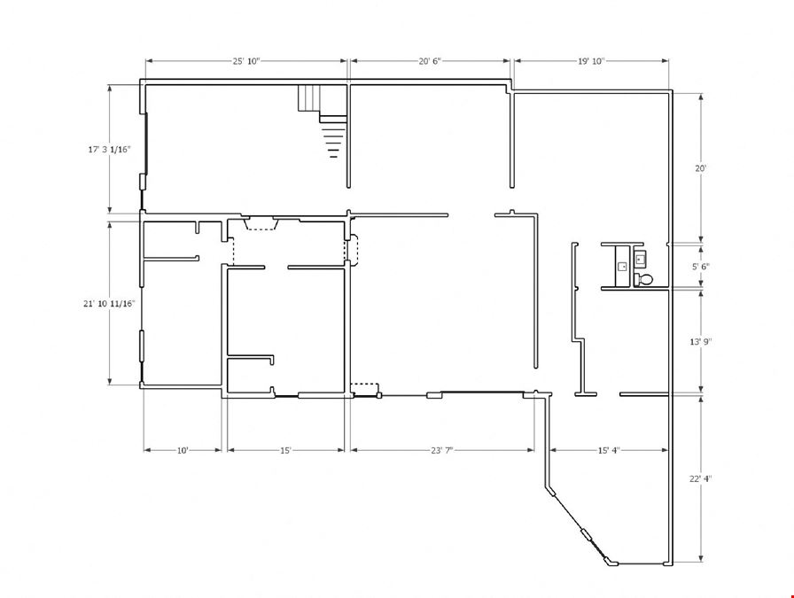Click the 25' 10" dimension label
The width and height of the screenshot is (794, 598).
pyautogui.click(x=246, y=61)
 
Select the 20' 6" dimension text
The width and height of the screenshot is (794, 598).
pyautogui.click(x=430, y=61)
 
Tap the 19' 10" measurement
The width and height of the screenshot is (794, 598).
pyautogui.click(x=591, y=61)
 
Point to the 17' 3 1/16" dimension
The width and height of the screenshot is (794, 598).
pyautogui.click(x=109, y=150)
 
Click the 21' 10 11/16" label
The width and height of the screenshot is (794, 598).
pyautogui.click(x=109, y=304)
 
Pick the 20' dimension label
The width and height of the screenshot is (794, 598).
pyautogui.click(x=700, y=168)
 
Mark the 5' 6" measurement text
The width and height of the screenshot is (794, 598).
pyautogui.click(x=701, y=267)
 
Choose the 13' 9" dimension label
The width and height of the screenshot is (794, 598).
pyautogui.click(x=701, y=342)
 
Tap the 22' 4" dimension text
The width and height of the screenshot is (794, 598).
pyautogui.click(x=701, y=478)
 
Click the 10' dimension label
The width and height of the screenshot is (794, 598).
pyautogui.click(x=183, y=450)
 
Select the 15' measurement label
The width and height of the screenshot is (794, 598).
pyautogui.click(x=285, y=450)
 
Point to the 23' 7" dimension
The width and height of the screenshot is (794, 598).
pyautogui.click(x=442, y=450)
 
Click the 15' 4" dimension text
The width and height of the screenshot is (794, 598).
pyautogui.click(x=609, y=450)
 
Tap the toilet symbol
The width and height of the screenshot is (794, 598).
pyautogui.click(x=643, y=279)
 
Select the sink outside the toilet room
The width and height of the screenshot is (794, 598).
pyautogui.click(x=622, y=266)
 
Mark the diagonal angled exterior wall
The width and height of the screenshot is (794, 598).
pyautogui.click(x=580, y=526)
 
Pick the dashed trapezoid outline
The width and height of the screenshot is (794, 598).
pyautogui.click(x=261, y=223)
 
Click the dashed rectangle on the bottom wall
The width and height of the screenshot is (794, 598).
pyautogui.click(x=364, y=390)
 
